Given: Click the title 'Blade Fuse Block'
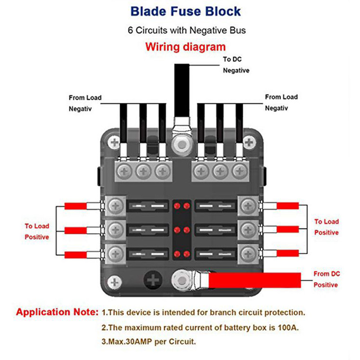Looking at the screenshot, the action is pos(185,11).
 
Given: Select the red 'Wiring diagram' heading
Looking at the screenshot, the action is pos(185,47).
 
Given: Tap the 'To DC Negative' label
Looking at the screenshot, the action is pos(236,65).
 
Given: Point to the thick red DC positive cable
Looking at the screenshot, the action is pos(254,280).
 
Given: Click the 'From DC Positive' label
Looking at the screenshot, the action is pos(326,279).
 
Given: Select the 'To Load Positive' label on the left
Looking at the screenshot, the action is pos(37,232).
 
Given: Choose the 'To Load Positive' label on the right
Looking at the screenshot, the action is pos(326,227).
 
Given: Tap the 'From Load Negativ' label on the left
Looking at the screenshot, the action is pos(85,103).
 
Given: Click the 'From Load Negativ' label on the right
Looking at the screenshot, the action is pos(281,102).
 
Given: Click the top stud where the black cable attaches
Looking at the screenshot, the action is pos(182,145).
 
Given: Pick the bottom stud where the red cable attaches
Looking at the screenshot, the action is pos(182,280).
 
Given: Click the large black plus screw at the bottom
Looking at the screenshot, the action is pos(153,280).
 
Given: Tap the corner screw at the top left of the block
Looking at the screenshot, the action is pos(114,143).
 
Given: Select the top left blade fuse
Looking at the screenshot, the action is pos(148,206).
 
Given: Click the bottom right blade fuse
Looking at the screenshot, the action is pos(216,254).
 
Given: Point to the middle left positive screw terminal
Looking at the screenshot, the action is pos(115,229).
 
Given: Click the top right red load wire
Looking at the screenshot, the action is pos(288,206).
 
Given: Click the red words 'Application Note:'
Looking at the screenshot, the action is pos(57,312).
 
